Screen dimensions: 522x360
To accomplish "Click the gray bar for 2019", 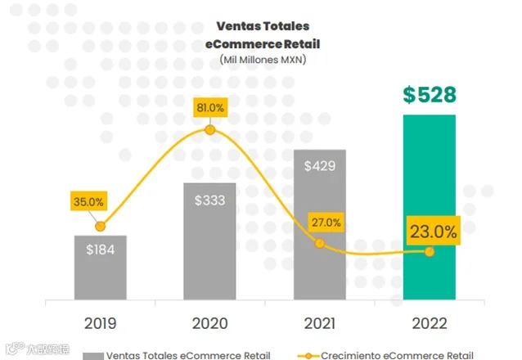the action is pyautogui.click(x=100, y=268).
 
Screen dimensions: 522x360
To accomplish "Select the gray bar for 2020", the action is pyautogui.click(x=209, y=241).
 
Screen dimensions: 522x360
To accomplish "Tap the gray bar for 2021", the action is pyautogui.click(x=320, y=225).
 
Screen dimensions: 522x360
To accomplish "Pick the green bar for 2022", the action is pyautogui.click(x=430, y=207).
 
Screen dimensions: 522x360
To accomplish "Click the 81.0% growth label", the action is pyautogui.click(x=210, y=107).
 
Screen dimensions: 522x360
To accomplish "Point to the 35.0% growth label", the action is pyautogui.click(x=88, y=201).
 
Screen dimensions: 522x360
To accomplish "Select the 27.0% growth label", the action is pyautogui.click(x=326, y=222).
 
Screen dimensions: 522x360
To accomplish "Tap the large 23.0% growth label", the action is pyautogui.click(x=433, y=231).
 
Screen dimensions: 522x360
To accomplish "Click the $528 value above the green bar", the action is pyautogui.click(x=430, y=95).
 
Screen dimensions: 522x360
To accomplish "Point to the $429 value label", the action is pyautogui.click(x=320, y=166).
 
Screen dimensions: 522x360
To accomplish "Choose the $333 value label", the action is pyautogui.click(x=209, y=200).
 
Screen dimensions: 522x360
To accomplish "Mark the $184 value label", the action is pyautogui.click(x=100, y=250).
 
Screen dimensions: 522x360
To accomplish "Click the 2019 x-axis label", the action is pyautogui.click(x=100, y=323).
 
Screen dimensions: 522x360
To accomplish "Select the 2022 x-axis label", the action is pyautogui.click(x=430, y=323).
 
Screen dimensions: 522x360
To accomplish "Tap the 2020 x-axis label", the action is pyautogui.click(x=209, y=323).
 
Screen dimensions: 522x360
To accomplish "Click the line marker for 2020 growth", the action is pyautogui.click(x=209, y=130).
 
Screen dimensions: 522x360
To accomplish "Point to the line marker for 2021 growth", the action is pyautogui.click(x=320, y=244).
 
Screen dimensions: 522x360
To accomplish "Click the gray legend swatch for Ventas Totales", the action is pyautogui.click(x=93, y=356).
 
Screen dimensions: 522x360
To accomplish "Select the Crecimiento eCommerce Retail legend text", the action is pyautogui.click(x=397, y=356).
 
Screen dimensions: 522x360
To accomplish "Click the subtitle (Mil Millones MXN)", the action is pyautogui.click(x=263, y=60).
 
